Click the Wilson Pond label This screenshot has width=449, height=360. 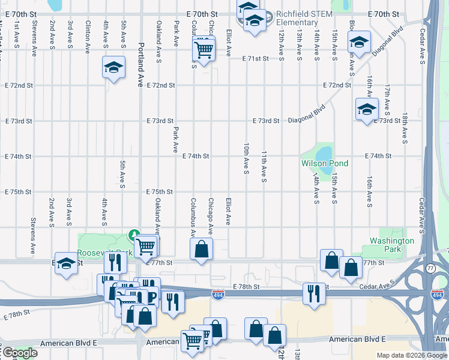(324, 163)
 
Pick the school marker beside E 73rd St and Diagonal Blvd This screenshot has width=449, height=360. (366, 109)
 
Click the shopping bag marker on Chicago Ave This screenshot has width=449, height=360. (202, 248)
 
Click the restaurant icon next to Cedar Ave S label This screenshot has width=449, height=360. (313, 293)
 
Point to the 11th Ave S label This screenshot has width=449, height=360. (264, 167)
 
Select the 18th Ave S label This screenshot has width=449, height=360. (405, 128)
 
